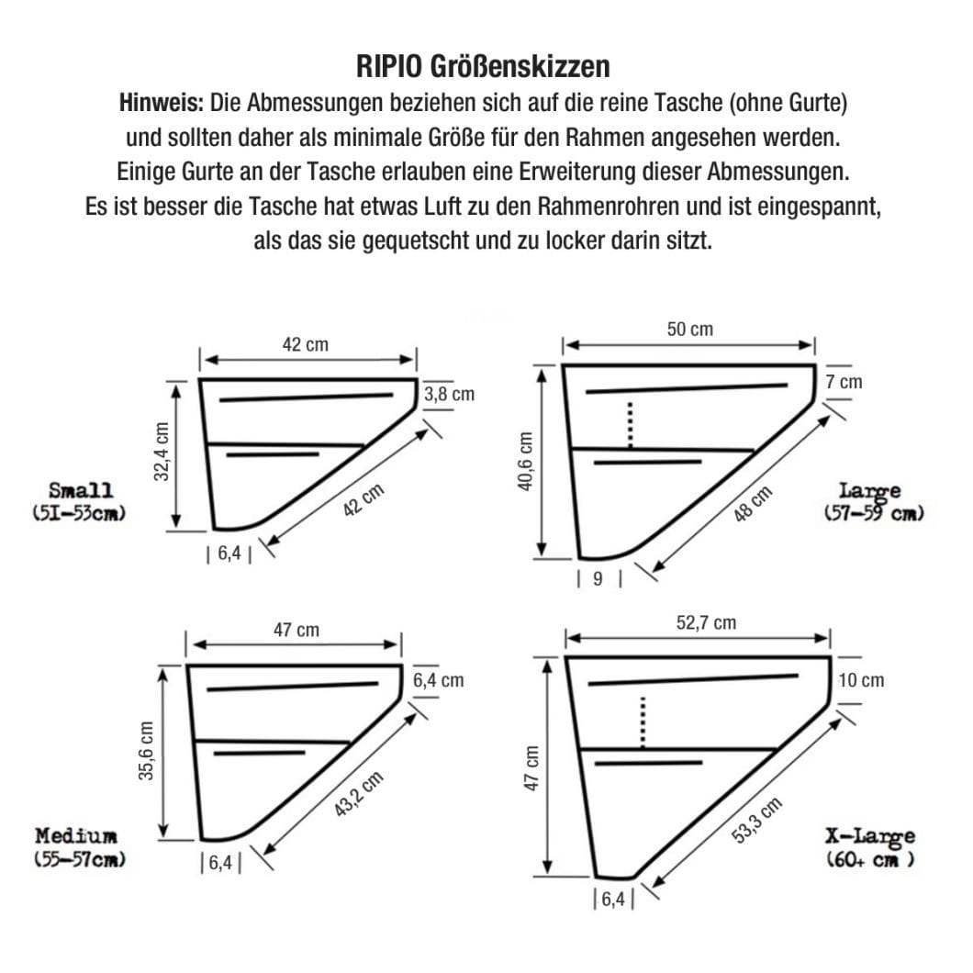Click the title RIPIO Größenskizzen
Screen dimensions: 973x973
point(482,67)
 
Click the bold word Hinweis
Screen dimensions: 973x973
point(162,103)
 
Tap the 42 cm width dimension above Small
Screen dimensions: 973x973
point(305,345)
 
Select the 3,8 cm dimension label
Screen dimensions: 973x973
point(449,395)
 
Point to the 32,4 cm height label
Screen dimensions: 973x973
point(162,453)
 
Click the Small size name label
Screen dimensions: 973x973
point(81,490)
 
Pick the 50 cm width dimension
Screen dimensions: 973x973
point(690,329)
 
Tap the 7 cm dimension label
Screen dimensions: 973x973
point(844,381)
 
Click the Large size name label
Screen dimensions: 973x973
point(869,491)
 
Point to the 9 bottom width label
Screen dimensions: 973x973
point(599,579)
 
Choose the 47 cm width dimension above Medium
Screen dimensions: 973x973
point(296,630)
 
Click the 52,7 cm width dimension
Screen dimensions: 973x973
point(706,623)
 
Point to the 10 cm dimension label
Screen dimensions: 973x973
point(861,680)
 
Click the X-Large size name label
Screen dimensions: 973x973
point(870,836)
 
